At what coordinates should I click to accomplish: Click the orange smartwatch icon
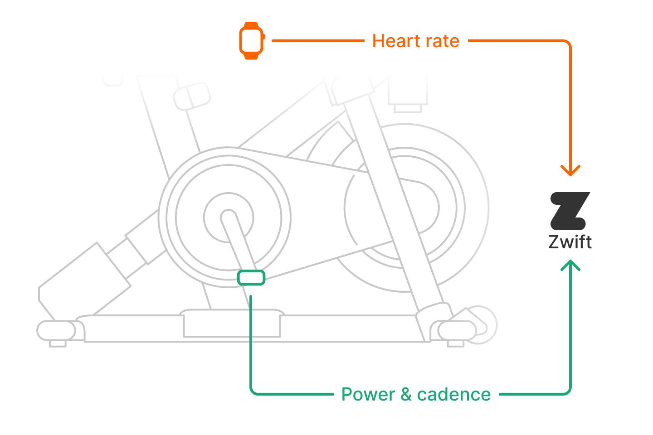pyautogui.click(x=251, y=41)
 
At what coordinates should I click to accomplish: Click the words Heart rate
pyautogui.click(x=415, y=41)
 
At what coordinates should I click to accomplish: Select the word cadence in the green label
pyautogui.click(x=453, y=394)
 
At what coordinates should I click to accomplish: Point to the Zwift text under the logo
pyautogui.click(x=570, y=242)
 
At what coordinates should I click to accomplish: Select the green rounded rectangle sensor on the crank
pyautogui.click(x=251, y=277)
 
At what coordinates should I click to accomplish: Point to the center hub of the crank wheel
pyautogui.click(x=229, y=217)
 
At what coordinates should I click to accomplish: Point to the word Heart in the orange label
pyautogui.click(x=393, y=41)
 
